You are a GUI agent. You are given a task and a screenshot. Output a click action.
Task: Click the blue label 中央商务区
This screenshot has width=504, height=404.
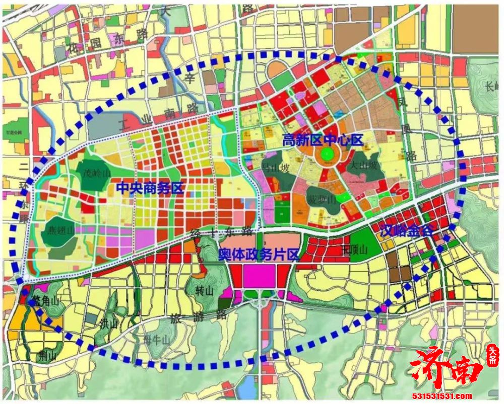pos(149,188)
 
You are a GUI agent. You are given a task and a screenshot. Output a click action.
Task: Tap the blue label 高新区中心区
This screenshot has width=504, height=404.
pos(323,140)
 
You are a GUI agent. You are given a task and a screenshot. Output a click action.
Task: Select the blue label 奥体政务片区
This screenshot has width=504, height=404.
pos(259,255)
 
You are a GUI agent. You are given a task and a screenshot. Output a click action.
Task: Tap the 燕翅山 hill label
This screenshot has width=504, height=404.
pos(59,230)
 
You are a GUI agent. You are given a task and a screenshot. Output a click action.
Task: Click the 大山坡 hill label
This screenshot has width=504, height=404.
pos(364,165)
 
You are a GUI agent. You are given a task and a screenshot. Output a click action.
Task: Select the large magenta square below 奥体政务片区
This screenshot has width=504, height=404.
pos(260,275)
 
